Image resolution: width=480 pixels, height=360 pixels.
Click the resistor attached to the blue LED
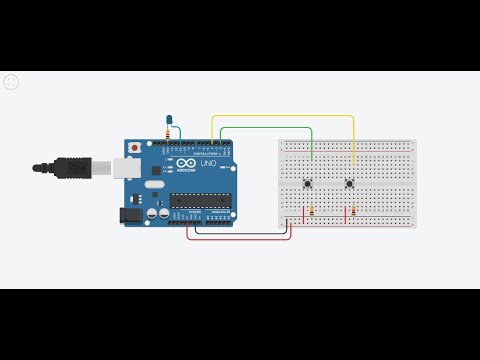pyautogui.click(x=166, y=132)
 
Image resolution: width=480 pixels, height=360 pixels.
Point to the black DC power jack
pyautogui.click(x=129, y=213)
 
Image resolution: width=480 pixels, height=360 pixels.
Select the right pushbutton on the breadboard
pyautogui.click(x=349, y=183)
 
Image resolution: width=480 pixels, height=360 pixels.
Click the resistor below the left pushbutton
pyautogui.click(x=313, y=212)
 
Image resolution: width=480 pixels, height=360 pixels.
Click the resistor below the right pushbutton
pyautogui.click(x=351, y=212)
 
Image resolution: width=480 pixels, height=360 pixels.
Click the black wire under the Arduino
pyautogui.click(x=240, y=234)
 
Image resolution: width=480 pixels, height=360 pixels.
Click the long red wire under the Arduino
pyautogui.click(x=240, y=240)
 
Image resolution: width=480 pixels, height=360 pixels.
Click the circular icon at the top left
pyautogui.click(x=11, y=82)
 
